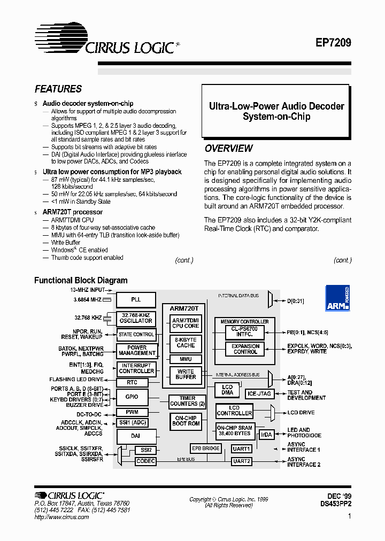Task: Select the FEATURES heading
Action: tap(58, 89)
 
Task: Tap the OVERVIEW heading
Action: tap(229, 149)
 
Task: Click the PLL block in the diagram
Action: tap(136, 299)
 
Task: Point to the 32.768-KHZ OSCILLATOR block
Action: tap(136, 318)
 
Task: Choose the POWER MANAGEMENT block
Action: tap(136, 350)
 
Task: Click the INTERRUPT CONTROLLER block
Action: tap(136, 368)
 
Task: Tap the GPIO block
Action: tap(132, 397)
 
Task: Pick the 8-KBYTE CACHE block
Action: tap(186, 342)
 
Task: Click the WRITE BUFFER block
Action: tap(186, 374)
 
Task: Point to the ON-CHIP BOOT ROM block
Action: tap(186, 420)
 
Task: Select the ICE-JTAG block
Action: tap(259, 393)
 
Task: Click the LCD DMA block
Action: tap(227, 390)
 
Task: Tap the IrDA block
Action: tap(266, 435)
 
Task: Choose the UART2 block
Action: tap(241, 461)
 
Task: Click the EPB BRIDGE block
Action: tap(205, 448)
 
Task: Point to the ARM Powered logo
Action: tap(337, 298)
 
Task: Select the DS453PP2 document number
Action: tap(336, 504)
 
